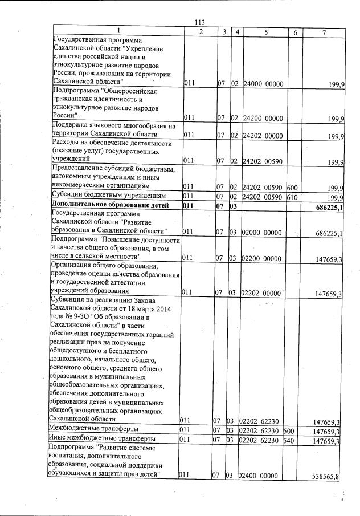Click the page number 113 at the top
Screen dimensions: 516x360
pos(199,22)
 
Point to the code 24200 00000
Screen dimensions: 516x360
pos(263,119)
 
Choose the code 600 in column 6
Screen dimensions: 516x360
pos(292,186)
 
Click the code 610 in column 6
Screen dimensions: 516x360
pos(292,197)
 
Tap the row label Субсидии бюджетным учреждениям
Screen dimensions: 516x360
pos(103,196)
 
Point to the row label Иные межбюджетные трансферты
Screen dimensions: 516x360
pos(102,440)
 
